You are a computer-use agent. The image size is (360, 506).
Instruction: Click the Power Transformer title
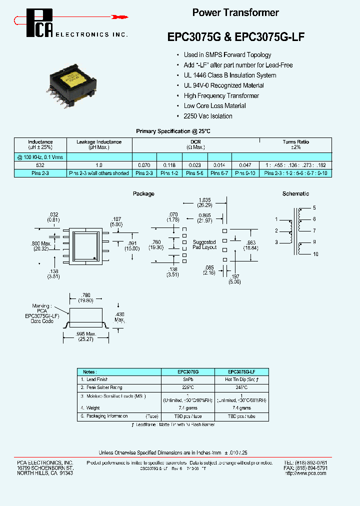[x=235, y=13]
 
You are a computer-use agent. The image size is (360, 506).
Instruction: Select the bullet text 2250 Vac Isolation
[x=208, y=116]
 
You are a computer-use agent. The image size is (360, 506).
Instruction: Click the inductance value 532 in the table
[x=40, y=164]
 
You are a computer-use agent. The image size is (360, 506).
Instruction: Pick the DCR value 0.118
[x=169, y=164]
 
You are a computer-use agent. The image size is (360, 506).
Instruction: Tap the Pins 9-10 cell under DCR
[x=245, y=173]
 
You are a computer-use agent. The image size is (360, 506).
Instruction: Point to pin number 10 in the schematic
[x=315, y=254]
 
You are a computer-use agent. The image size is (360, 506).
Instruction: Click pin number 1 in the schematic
[x=276, y=219]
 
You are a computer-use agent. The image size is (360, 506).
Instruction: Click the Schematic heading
[x=295, y=193]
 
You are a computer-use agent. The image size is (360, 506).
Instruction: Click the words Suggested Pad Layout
[x=204, y=245]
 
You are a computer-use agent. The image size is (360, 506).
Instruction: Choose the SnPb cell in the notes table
[x=188, y=379]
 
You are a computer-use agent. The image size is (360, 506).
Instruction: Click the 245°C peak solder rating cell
[x=241, y=387]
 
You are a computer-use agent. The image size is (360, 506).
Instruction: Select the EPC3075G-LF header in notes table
[x=241, y=372]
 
